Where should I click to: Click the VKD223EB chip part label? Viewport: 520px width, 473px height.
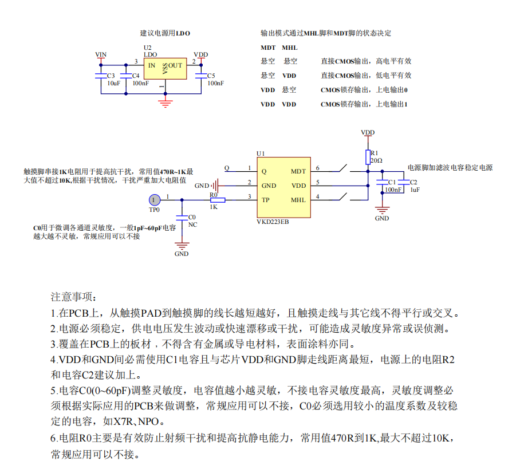point(273,222)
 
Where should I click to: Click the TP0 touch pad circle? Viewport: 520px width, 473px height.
point(154,199)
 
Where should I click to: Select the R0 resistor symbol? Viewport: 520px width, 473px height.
point(217,200)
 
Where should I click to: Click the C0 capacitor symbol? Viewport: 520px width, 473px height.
point(182,218)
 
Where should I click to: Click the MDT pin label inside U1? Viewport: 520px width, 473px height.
point(298,171)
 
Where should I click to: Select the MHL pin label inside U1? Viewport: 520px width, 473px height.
point(298,200)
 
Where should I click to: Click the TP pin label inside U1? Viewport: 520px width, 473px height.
point(265,200)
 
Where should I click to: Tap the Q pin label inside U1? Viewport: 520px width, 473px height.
point(263,171)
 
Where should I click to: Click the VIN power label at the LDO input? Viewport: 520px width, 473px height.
point(101,55)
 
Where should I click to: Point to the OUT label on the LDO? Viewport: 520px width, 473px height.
point(175,65)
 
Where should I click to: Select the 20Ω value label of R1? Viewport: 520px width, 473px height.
point(376,161)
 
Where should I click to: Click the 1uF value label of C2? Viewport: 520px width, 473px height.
point(415,190)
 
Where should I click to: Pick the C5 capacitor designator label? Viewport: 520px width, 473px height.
point(211,76)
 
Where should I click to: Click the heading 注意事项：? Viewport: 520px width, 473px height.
point(74,297)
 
